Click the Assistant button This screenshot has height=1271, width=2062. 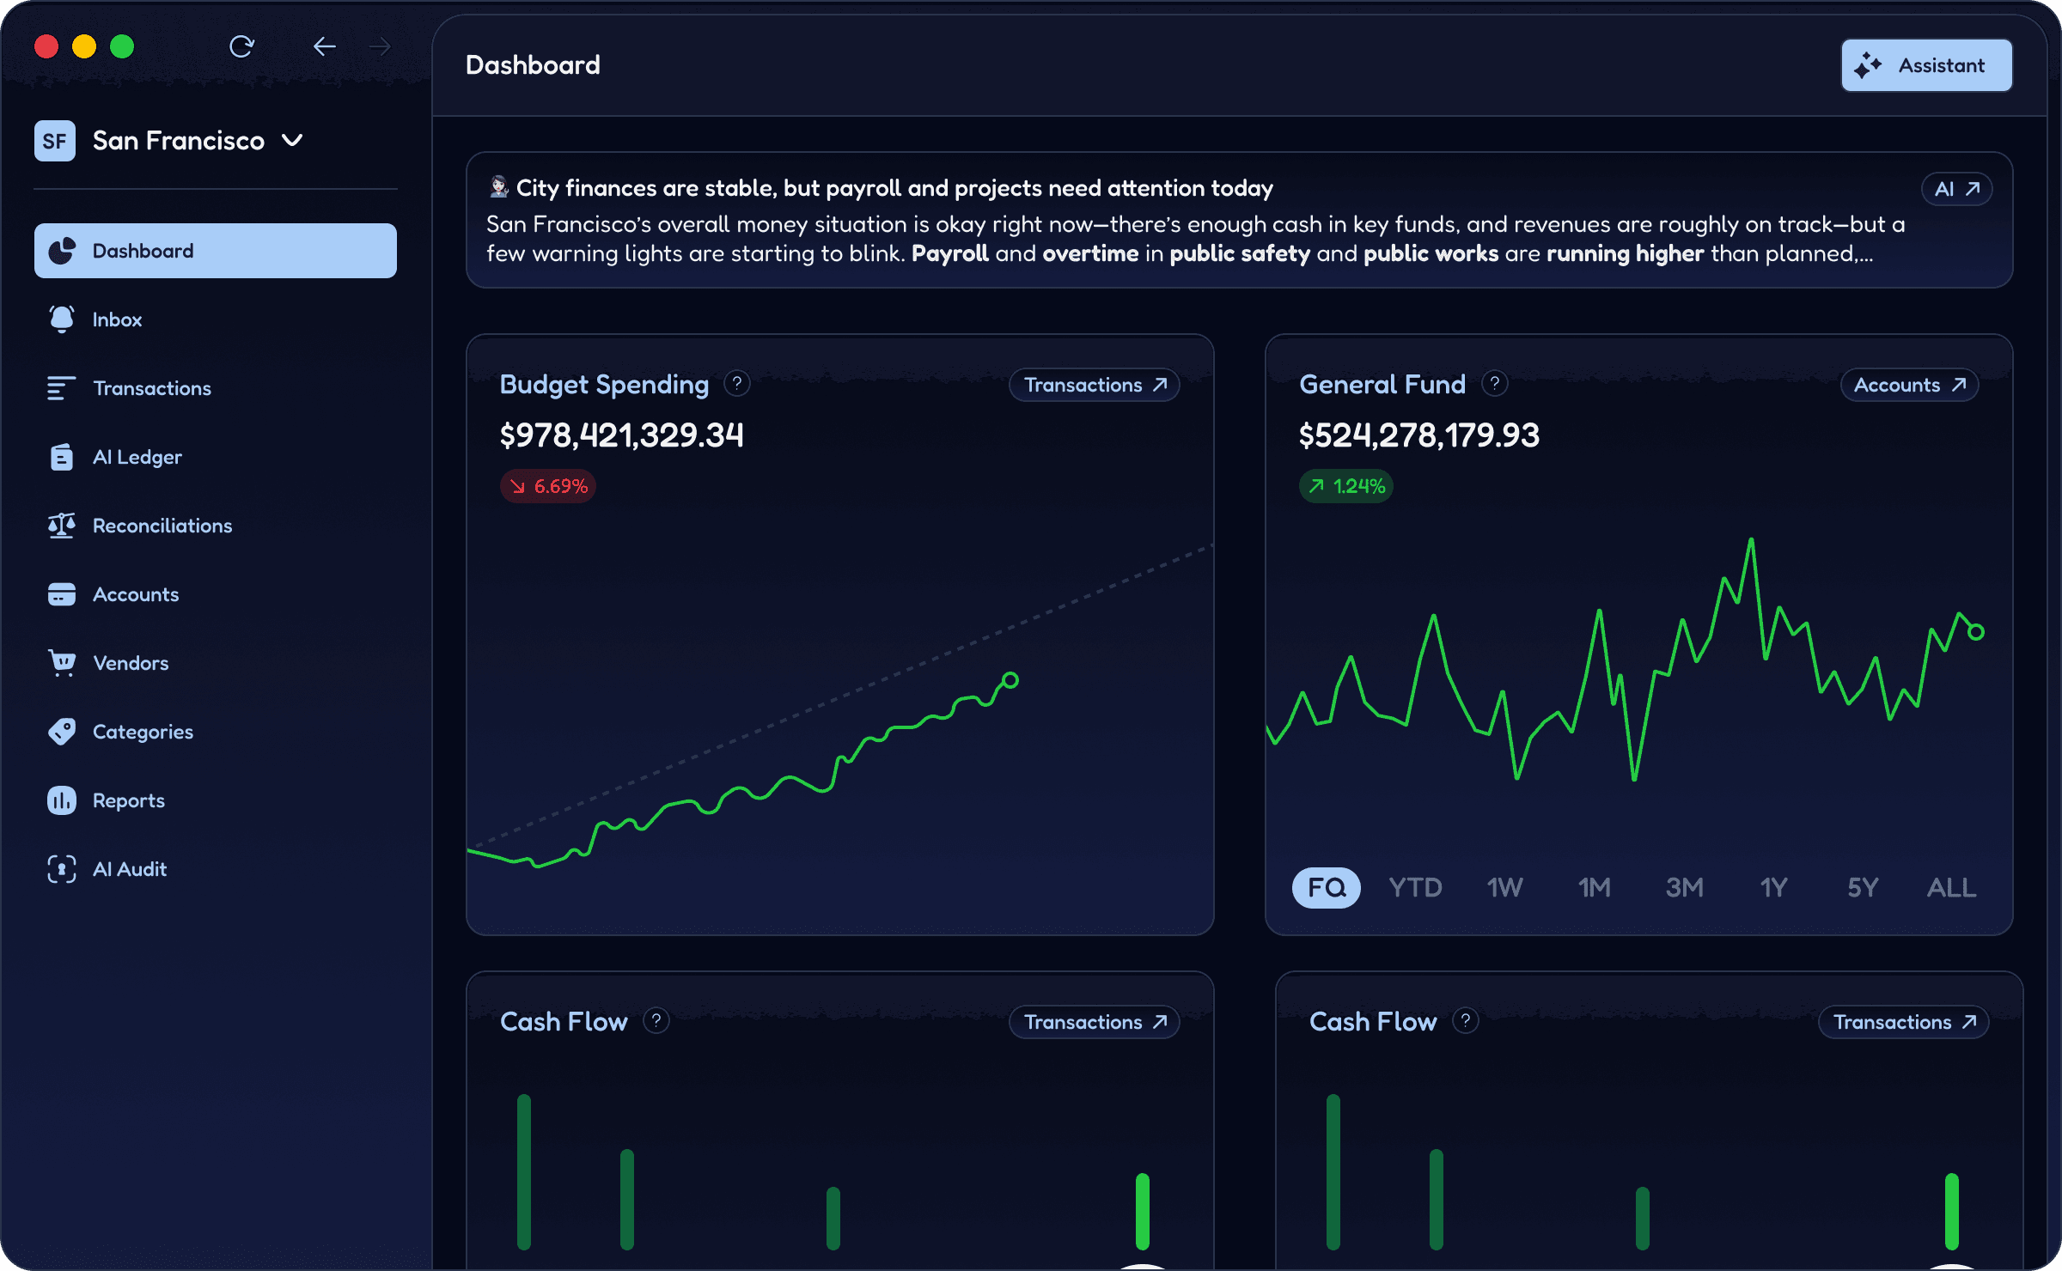[x=1926, y=65]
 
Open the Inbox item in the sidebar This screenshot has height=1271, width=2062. [x=117, y=319]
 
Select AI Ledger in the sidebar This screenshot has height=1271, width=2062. [x=137, y=457]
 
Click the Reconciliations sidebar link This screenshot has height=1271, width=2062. [x=162, y=526]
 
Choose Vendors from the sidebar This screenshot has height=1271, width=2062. [x=130, y=663]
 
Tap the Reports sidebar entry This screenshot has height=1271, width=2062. [x=128, y=800]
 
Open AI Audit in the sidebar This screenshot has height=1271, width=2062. [x=129, y=869]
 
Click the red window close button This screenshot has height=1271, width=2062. [x=46, y=46]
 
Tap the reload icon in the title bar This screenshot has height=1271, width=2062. [x=241, y=46]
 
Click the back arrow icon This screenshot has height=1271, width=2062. [x=324, y=46]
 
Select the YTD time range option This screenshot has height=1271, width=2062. [x=1415, y=887]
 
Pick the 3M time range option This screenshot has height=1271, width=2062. [x=1684, y=887]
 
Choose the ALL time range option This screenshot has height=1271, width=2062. [x=1951, y=887]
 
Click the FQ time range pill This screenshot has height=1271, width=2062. [x=1326, y=887]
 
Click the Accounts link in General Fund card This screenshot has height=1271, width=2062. [x=1909, y=385]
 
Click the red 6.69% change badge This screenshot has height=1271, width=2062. [x=548, y=486]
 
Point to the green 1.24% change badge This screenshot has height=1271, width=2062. [x=1346, y=486]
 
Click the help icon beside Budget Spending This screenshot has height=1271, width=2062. [x=736, y=383]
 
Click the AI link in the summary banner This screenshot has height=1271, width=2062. [x=1956, y=189]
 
